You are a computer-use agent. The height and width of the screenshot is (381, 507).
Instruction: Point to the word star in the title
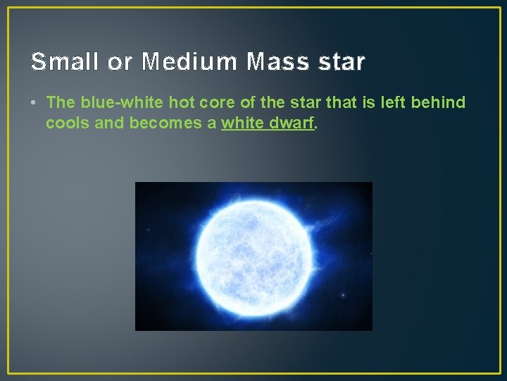click(342, 62)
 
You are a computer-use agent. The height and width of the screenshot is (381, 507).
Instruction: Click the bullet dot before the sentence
click(34, 103)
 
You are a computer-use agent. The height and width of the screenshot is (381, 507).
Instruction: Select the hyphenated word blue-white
click(121, 102)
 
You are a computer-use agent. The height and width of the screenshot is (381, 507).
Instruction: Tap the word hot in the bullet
click(182, 102)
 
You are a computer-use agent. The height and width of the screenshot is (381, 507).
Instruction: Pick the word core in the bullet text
click(217, 102)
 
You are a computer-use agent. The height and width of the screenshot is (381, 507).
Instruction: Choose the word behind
click(440, 102)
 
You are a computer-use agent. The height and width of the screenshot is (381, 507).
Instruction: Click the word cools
click(65, 123)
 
